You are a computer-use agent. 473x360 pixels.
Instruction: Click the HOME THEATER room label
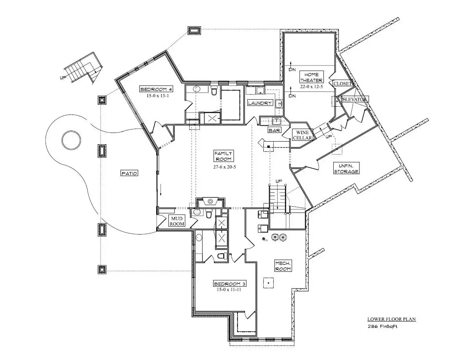click(x=311, y=77)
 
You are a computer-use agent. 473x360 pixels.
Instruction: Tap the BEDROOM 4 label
click(x=157, y=89)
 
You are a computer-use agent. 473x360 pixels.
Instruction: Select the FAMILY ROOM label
click(x=223, y=156)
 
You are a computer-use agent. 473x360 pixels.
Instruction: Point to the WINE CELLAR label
click(x=303, y=135)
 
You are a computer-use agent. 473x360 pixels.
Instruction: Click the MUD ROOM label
click(x=177, y=221)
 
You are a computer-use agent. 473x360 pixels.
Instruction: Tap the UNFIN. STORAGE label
click(x=346, y=169)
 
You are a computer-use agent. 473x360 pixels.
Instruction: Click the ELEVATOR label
click(x=354, y=100)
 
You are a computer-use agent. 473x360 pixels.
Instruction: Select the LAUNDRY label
click(x=260, y=103)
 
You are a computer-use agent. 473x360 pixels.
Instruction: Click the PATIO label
click(x=129, y=173)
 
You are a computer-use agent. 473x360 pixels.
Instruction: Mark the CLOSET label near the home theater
click(x=343, y=84)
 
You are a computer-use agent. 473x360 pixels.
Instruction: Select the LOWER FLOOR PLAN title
click(x=391, y=319)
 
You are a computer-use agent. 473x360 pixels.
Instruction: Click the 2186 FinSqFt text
click(x=383, y=327)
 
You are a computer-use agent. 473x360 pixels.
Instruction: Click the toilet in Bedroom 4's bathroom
click(x=214, y=91)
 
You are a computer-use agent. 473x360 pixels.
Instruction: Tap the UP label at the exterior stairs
click(x=63, y=78)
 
